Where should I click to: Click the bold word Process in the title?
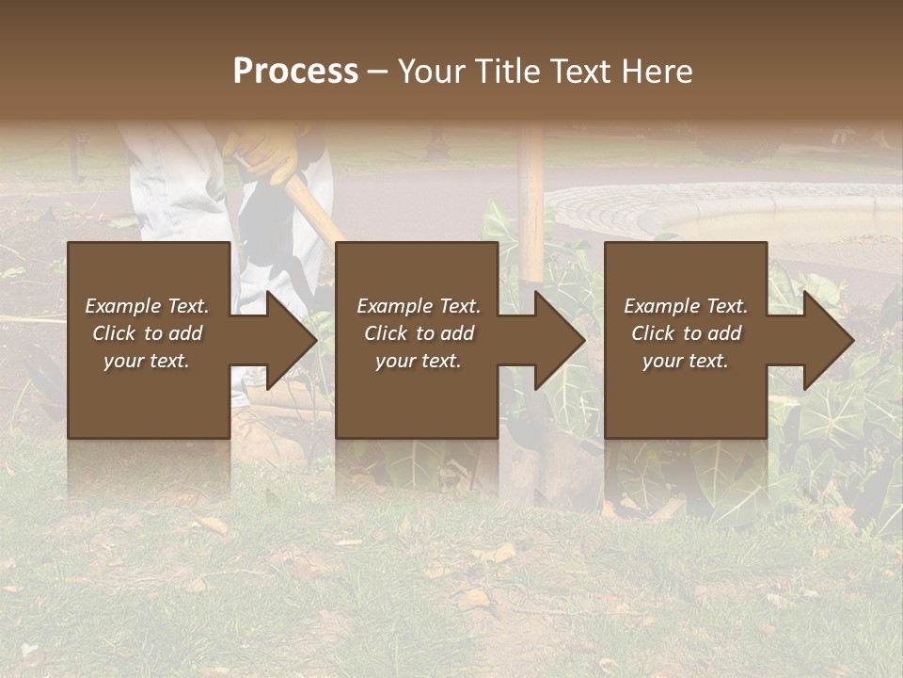(295, 72)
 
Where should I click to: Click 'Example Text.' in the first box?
(147, 306)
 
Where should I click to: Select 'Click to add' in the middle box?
(419, 333)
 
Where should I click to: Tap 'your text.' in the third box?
(685, 361)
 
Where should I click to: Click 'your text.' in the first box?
(147, 361)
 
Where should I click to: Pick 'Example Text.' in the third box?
(685, 306)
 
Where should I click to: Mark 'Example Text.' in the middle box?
(419, 306)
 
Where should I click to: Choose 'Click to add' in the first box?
(147, 333)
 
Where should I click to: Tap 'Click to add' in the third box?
(685, 333)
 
